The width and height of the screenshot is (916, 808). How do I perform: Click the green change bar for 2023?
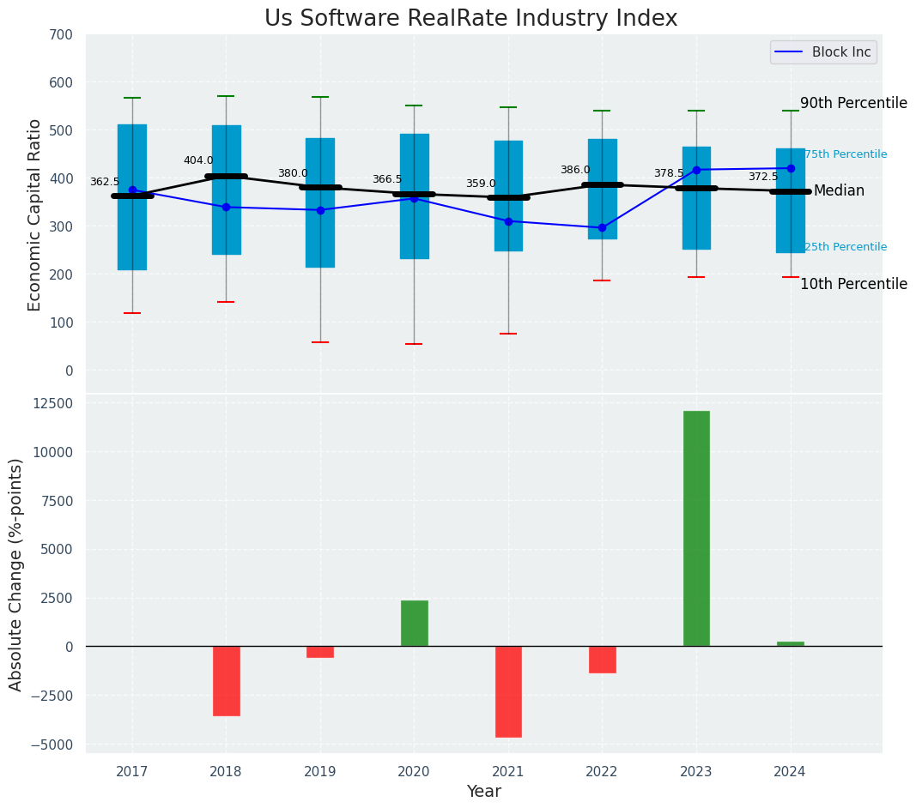(696, 528)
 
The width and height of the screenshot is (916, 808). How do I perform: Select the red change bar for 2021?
(508, 691)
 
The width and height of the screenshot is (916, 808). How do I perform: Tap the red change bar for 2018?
(227, 680)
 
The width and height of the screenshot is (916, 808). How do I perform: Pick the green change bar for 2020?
(414, 624)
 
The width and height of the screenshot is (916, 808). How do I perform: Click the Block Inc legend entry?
(822, 52)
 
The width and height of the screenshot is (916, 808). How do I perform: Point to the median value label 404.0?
(198, 160)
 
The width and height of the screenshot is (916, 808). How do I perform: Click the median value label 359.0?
(481, 184)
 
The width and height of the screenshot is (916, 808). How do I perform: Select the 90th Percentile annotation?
(853, 103)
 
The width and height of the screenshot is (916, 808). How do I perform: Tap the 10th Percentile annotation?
(853, 284)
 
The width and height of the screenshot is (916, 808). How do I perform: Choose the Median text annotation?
(839, 190)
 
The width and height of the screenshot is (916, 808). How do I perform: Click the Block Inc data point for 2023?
(696, 170)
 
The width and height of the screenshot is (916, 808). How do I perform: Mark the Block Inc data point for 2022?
(602, 227)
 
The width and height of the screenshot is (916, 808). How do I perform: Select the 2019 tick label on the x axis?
(320, 772)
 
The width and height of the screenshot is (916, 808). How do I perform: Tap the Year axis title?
(483, 792)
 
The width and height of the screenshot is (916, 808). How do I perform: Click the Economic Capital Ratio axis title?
(35, 214)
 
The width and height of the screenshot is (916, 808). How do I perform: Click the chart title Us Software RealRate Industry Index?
(470, 19)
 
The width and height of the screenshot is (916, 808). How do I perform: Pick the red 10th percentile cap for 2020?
(414, 344)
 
